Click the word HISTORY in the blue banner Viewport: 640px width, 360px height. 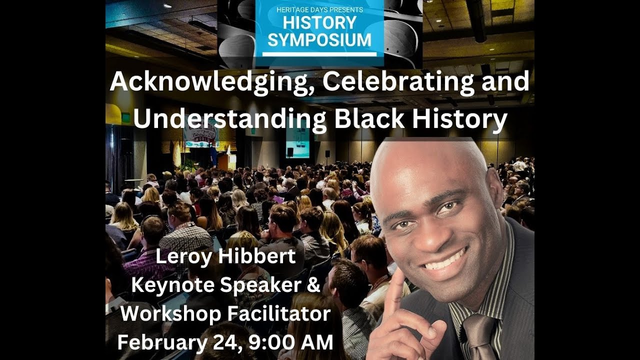(x=319, y=23)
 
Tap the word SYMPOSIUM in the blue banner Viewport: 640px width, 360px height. (x=319, y=40)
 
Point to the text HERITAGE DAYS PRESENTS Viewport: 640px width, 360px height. (x=319, y=9)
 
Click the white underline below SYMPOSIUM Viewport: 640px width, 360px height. (x=319, y=53)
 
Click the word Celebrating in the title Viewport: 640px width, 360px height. (x=394, y=82)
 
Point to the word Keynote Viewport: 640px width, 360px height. (x=172, y=285)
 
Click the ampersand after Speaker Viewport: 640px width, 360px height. (x=312, y=285)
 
